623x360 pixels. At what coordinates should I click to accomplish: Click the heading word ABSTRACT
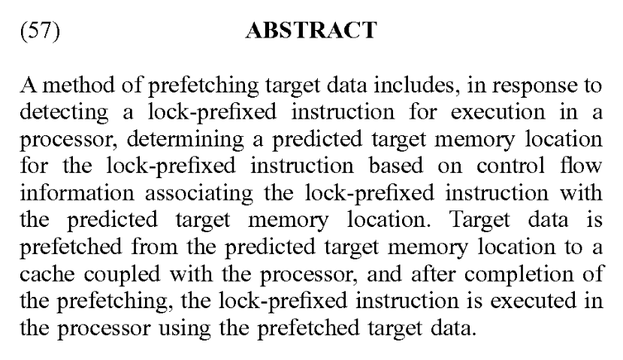coord(311,32)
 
